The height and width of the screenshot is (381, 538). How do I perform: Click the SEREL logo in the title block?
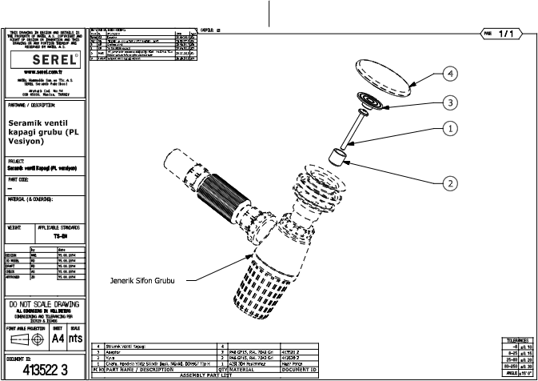pos(44,60)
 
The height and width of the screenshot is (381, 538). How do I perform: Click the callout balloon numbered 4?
pos(450,72)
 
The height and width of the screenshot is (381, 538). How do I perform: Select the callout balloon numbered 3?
pos(451,102)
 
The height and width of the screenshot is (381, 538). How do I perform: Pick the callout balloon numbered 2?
pos(451,182)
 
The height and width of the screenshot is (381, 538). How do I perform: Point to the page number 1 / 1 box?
pos(504,34)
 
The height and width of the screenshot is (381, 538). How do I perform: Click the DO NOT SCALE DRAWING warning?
pos(44,305)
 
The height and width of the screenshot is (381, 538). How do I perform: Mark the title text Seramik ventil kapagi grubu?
pos(45,130)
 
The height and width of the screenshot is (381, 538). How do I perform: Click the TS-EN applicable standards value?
pos(59,237)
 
